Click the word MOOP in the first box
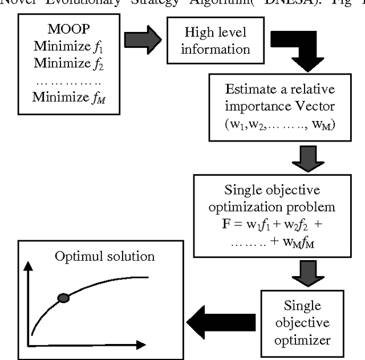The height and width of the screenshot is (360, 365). tap(63, 28)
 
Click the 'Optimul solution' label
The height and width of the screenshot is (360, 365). tap(105, 256)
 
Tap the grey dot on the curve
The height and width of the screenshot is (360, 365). tap(64, 297)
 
